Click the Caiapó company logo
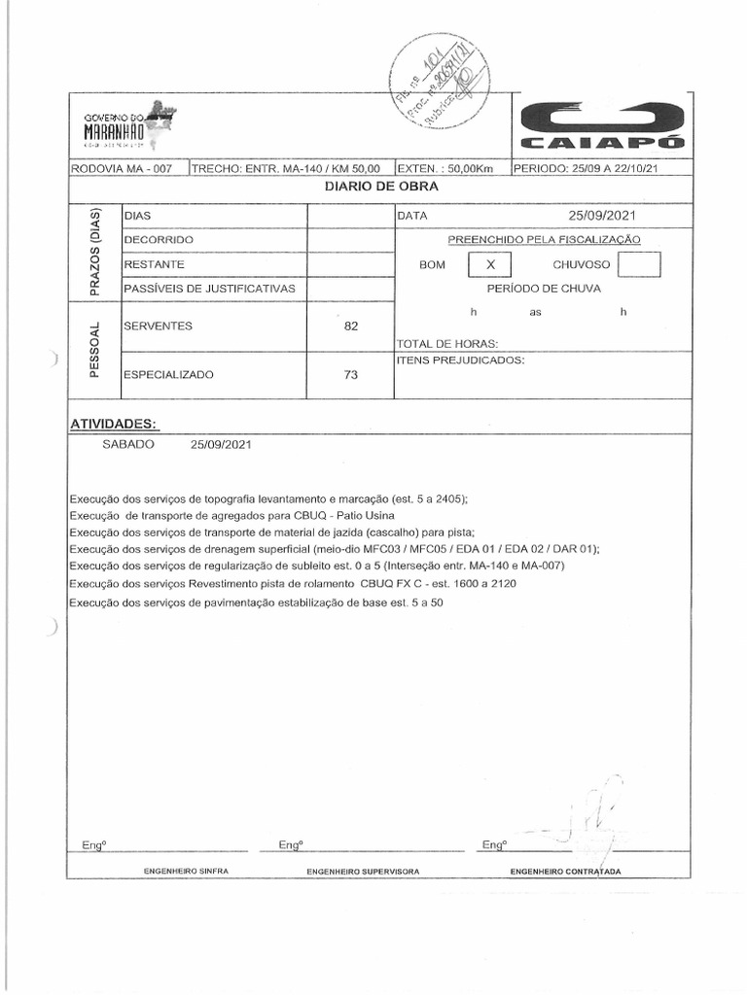click(602, 126)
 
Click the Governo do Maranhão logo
click(127, 125)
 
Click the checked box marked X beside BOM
click(490, 264)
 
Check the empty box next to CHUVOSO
click(639, 264)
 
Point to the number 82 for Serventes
click(351, 326)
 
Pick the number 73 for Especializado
click(351, 374)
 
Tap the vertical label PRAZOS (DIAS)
click(94, 253)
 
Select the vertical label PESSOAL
click(94, 350)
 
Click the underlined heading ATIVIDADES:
click(115, 424)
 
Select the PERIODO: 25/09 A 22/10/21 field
click(586, 168)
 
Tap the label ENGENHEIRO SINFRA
click(186, 871)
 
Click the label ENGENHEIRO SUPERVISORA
click(363, 872)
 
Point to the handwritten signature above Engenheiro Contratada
click(595, 816)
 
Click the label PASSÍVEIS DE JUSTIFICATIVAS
click(209, 289)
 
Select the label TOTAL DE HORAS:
click(446, 344)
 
